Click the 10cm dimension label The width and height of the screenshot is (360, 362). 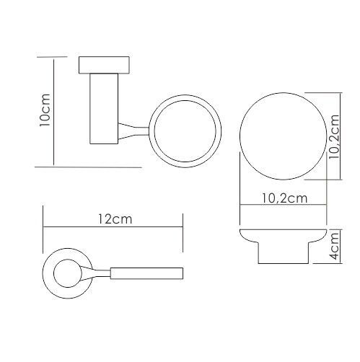45,110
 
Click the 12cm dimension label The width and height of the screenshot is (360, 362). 115,219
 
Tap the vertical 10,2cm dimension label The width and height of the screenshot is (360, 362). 334,136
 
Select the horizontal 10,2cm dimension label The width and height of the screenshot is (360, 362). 284,198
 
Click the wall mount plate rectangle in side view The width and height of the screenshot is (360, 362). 104,65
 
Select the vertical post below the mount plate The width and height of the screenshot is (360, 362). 104,109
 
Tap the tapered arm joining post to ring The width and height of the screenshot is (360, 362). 133,131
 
